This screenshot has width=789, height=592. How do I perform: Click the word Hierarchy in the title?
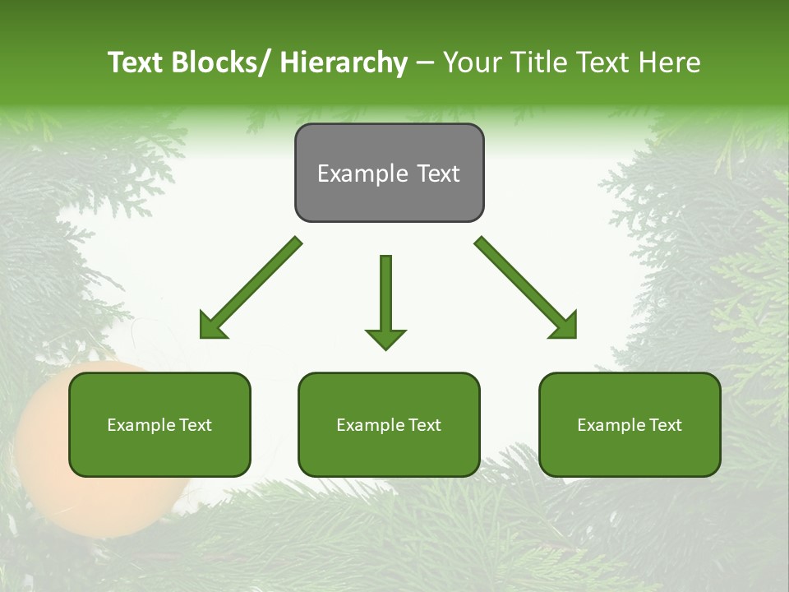(x=343, y=62)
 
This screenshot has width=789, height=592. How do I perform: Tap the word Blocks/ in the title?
(x=219, y=62)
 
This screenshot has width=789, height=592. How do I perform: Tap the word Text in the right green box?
(x=665, y=425)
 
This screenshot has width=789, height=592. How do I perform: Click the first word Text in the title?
(x=135, y=62)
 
